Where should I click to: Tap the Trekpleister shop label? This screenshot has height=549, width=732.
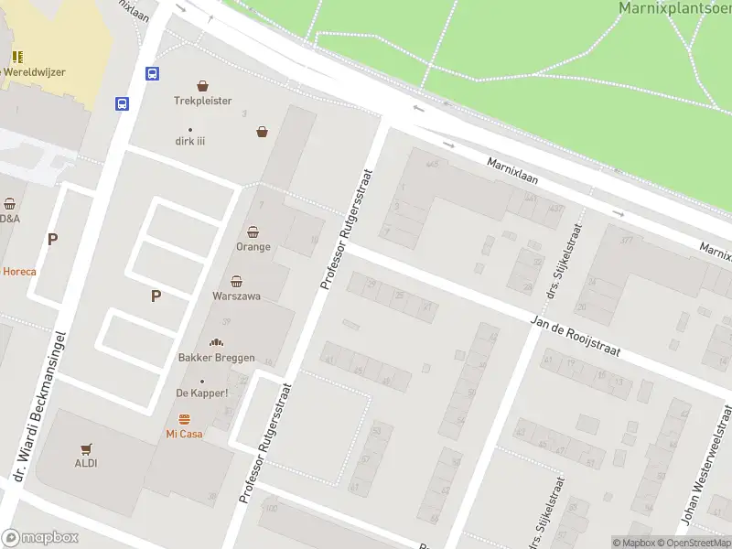pos(203,101)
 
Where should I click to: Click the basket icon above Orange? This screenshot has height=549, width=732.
pos(253,231)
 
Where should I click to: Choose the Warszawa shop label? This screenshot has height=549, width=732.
pos(236,296)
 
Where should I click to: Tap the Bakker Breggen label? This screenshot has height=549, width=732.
pos(216,357)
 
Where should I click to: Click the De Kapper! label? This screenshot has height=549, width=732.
pos(202,393)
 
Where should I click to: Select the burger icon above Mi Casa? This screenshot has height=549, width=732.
pos(184,419)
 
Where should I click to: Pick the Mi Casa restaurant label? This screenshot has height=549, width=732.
pos(184,434)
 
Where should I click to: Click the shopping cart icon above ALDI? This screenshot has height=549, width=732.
pos(86,448)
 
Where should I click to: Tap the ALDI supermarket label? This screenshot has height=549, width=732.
pos(86,463)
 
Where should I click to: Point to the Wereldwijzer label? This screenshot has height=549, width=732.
pos(35,71)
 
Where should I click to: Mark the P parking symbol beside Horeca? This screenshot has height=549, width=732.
pos(52,240)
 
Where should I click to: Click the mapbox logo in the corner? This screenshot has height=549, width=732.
pos(40,538)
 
